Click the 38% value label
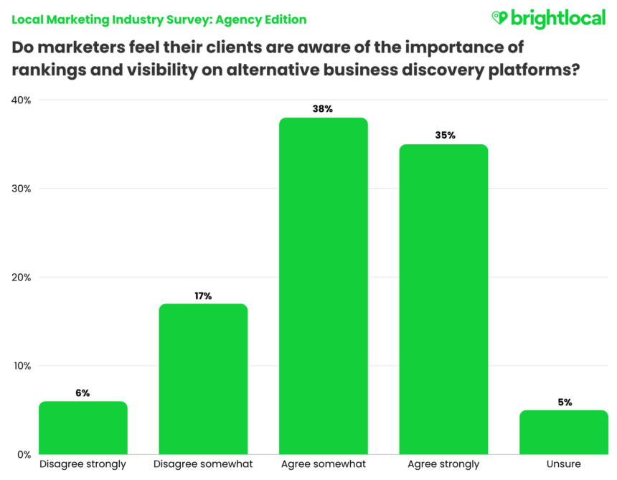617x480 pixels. click(x=323, y=109)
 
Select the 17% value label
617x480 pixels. click(x=203, y=296)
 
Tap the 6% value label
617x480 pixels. click(x=83, y=392)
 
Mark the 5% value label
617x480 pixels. click(x=564, y=402)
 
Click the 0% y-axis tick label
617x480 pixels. click(x=24, y=454)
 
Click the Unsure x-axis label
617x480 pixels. click(x=564, y=464)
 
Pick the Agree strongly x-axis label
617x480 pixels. click(x=443, y=464)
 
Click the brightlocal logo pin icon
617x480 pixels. click(x=499, y=17)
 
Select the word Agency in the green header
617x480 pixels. click(x=239, y=19)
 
